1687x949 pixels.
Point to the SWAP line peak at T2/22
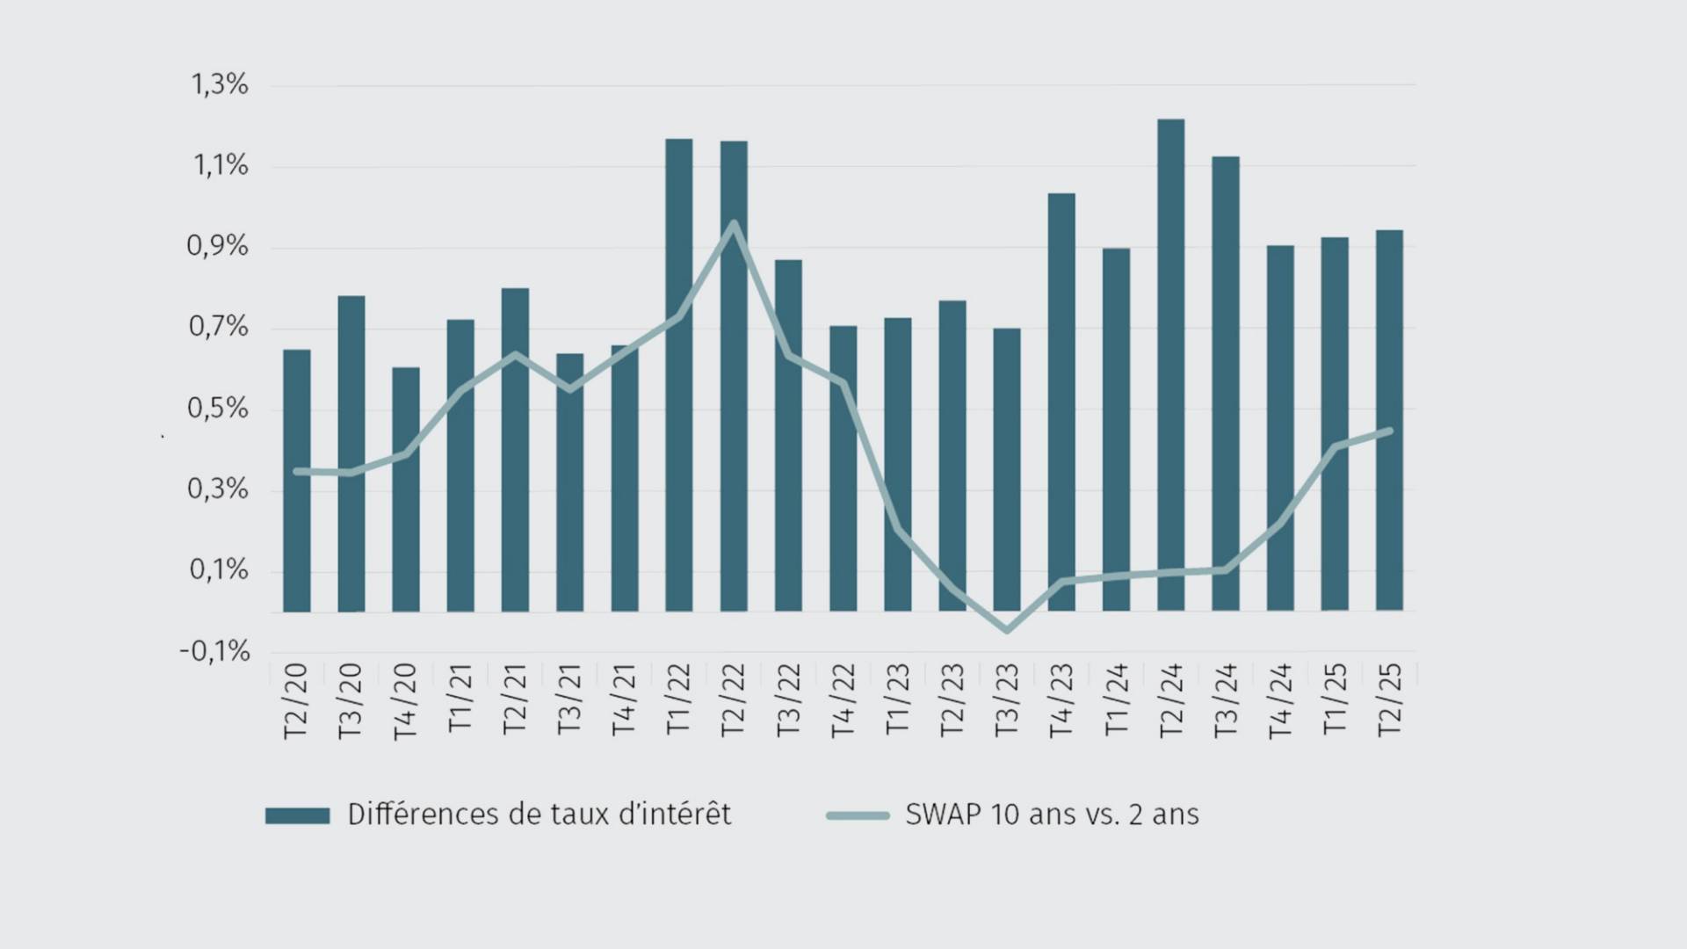[734, 223]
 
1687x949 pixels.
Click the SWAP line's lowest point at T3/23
[1007, 630]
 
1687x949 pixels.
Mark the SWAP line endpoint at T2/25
[1389, 431]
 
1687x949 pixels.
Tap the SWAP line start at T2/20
[297, 472]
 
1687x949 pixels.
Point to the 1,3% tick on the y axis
[220, 85]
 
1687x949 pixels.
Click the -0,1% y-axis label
[215, 652]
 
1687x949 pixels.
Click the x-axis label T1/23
[897, 699]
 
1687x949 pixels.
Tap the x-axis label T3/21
[569, 699]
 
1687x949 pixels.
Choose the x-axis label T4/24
[1280, 699]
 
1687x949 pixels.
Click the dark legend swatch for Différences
[297, 815]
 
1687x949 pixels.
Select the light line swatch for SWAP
[858, 815]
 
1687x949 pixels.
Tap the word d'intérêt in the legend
[674, 815]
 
